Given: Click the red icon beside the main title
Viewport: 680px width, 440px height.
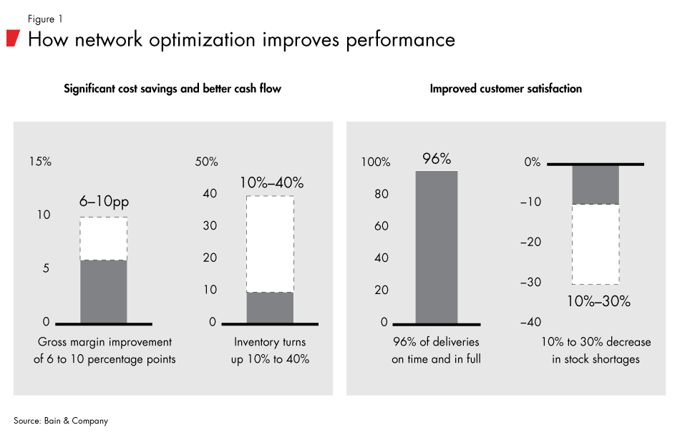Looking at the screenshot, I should point(12,39).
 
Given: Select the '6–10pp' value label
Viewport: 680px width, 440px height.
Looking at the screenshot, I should point(103,203).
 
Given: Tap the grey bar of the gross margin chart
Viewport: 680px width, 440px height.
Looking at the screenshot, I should point(103,291).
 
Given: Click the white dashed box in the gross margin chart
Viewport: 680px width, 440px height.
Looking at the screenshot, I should point(103,238).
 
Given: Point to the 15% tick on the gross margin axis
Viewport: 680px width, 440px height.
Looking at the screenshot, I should point(40,162).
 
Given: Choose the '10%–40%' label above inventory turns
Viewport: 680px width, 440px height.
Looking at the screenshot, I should point(270,182).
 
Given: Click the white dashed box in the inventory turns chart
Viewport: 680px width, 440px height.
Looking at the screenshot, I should point(270,244).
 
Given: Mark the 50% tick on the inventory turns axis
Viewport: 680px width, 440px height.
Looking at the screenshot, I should point(206,162).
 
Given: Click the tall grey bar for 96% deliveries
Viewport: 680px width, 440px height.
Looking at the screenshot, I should point(437,247).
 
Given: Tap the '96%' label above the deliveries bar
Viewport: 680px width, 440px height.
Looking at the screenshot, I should point(437,159).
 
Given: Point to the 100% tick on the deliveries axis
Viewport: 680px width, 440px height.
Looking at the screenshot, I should point(375,162).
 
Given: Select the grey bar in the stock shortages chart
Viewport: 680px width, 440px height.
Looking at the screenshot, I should point(596,185).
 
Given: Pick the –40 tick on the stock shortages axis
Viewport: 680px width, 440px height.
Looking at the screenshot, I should point(531,323).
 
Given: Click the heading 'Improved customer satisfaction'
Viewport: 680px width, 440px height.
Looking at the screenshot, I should point(505,89).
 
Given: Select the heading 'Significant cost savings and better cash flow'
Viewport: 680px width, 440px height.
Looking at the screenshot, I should point(173,89).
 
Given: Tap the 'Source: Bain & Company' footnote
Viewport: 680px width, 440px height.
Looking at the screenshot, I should point(61,421).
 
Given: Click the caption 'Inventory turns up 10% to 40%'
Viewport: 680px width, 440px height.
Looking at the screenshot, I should point(270,351).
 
